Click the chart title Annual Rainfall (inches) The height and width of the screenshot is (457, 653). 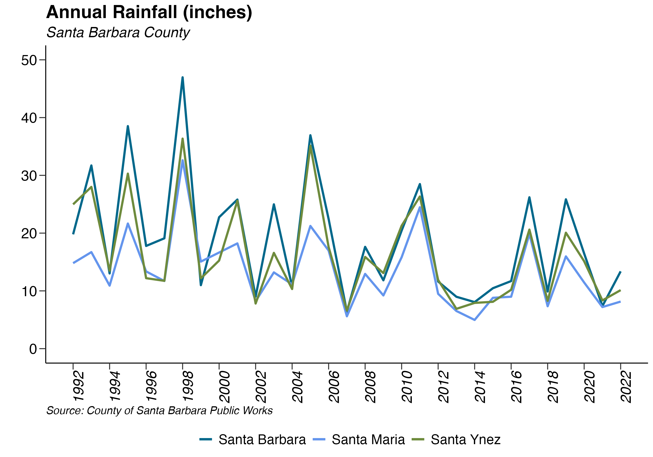[x=149, y=12]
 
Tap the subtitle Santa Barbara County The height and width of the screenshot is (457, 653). [x=118, y=32]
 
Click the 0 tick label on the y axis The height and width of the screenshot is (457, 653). [x=33, y=349]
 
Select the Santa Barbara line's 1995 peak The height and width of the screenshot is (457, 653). [x=128, y=126]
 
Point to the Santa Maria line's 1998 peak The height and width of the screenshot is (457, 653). [x=183, y=160]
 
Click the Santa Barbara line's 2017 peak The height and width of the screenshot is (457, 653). [x=529, y=197]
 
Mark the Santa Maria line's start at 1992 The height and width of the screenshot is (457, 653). [x=73, y=263]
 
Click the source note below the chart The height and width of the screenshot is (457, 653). [x=159, y=411]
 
